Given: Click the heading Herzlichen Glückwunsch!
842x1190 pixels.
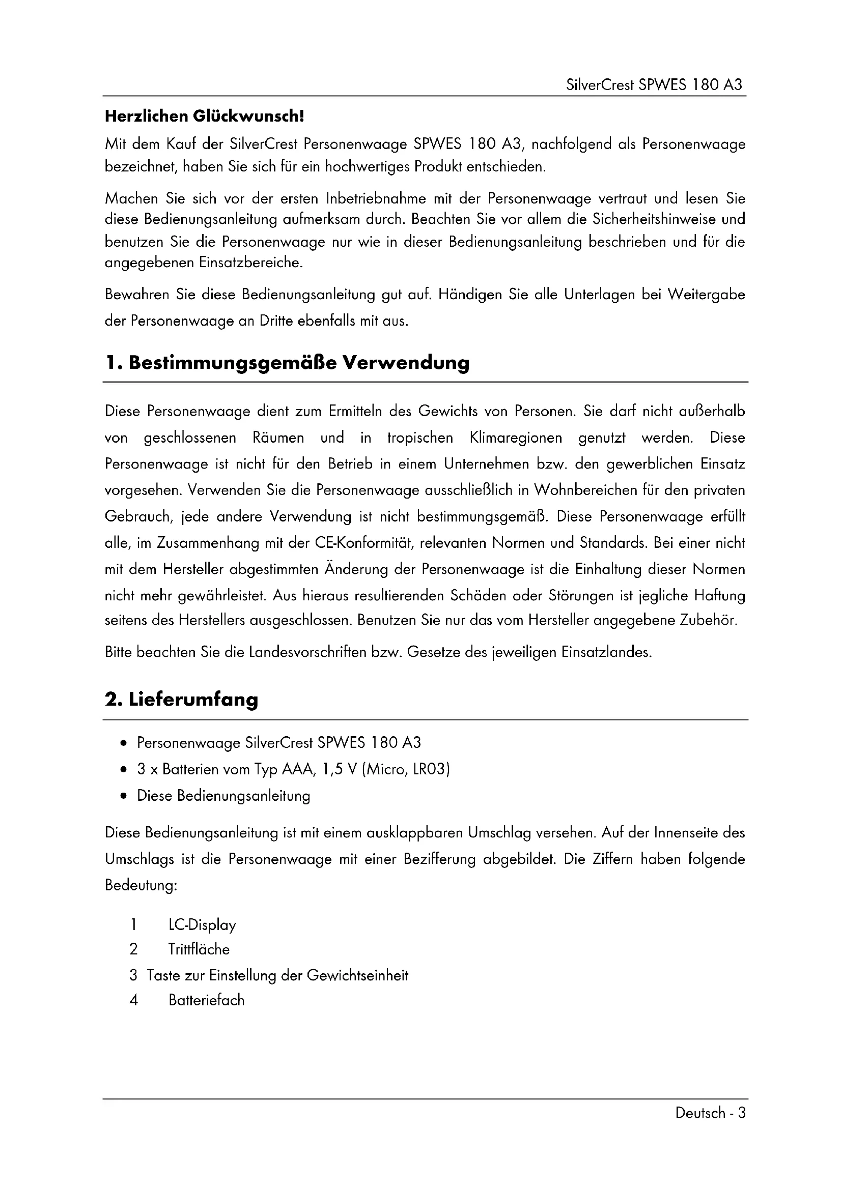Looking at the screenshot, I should pyautogui.click(x=204, y=116).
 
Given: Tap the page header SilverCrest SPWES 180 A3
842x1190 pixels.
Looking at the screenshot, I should pyautogui.click(x=655, y=84).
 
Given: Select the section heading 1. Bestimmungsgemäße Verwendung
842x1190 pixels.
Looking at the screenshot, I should pyautogui.click(x=287, y=363).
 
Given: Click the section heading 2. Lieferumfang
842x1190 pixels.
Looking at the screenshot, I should pyautogui.click(x=181, y=700).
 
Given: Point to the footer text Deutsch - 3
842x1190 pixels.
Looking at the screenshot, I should pyautogui.click(x=710, y=1113).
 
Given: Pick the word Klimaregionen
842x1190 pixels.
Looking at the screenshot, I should pyautogui.click(x=515, y=438).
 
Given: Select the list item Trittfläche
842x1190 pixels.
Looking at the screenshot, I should pyautogui.click(x=199, y=949).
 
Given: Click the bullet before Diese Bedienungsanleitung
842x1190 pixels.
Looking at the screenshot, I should pyautogui.click(x=123, y=796).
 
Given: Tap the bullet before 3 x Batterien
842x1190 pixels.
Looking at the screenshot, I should pyautogui.click(x=123, y=770).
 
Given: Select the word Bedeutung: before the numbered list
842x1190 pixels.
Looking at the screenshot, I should pyautogui.click(x=141, y=885).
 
